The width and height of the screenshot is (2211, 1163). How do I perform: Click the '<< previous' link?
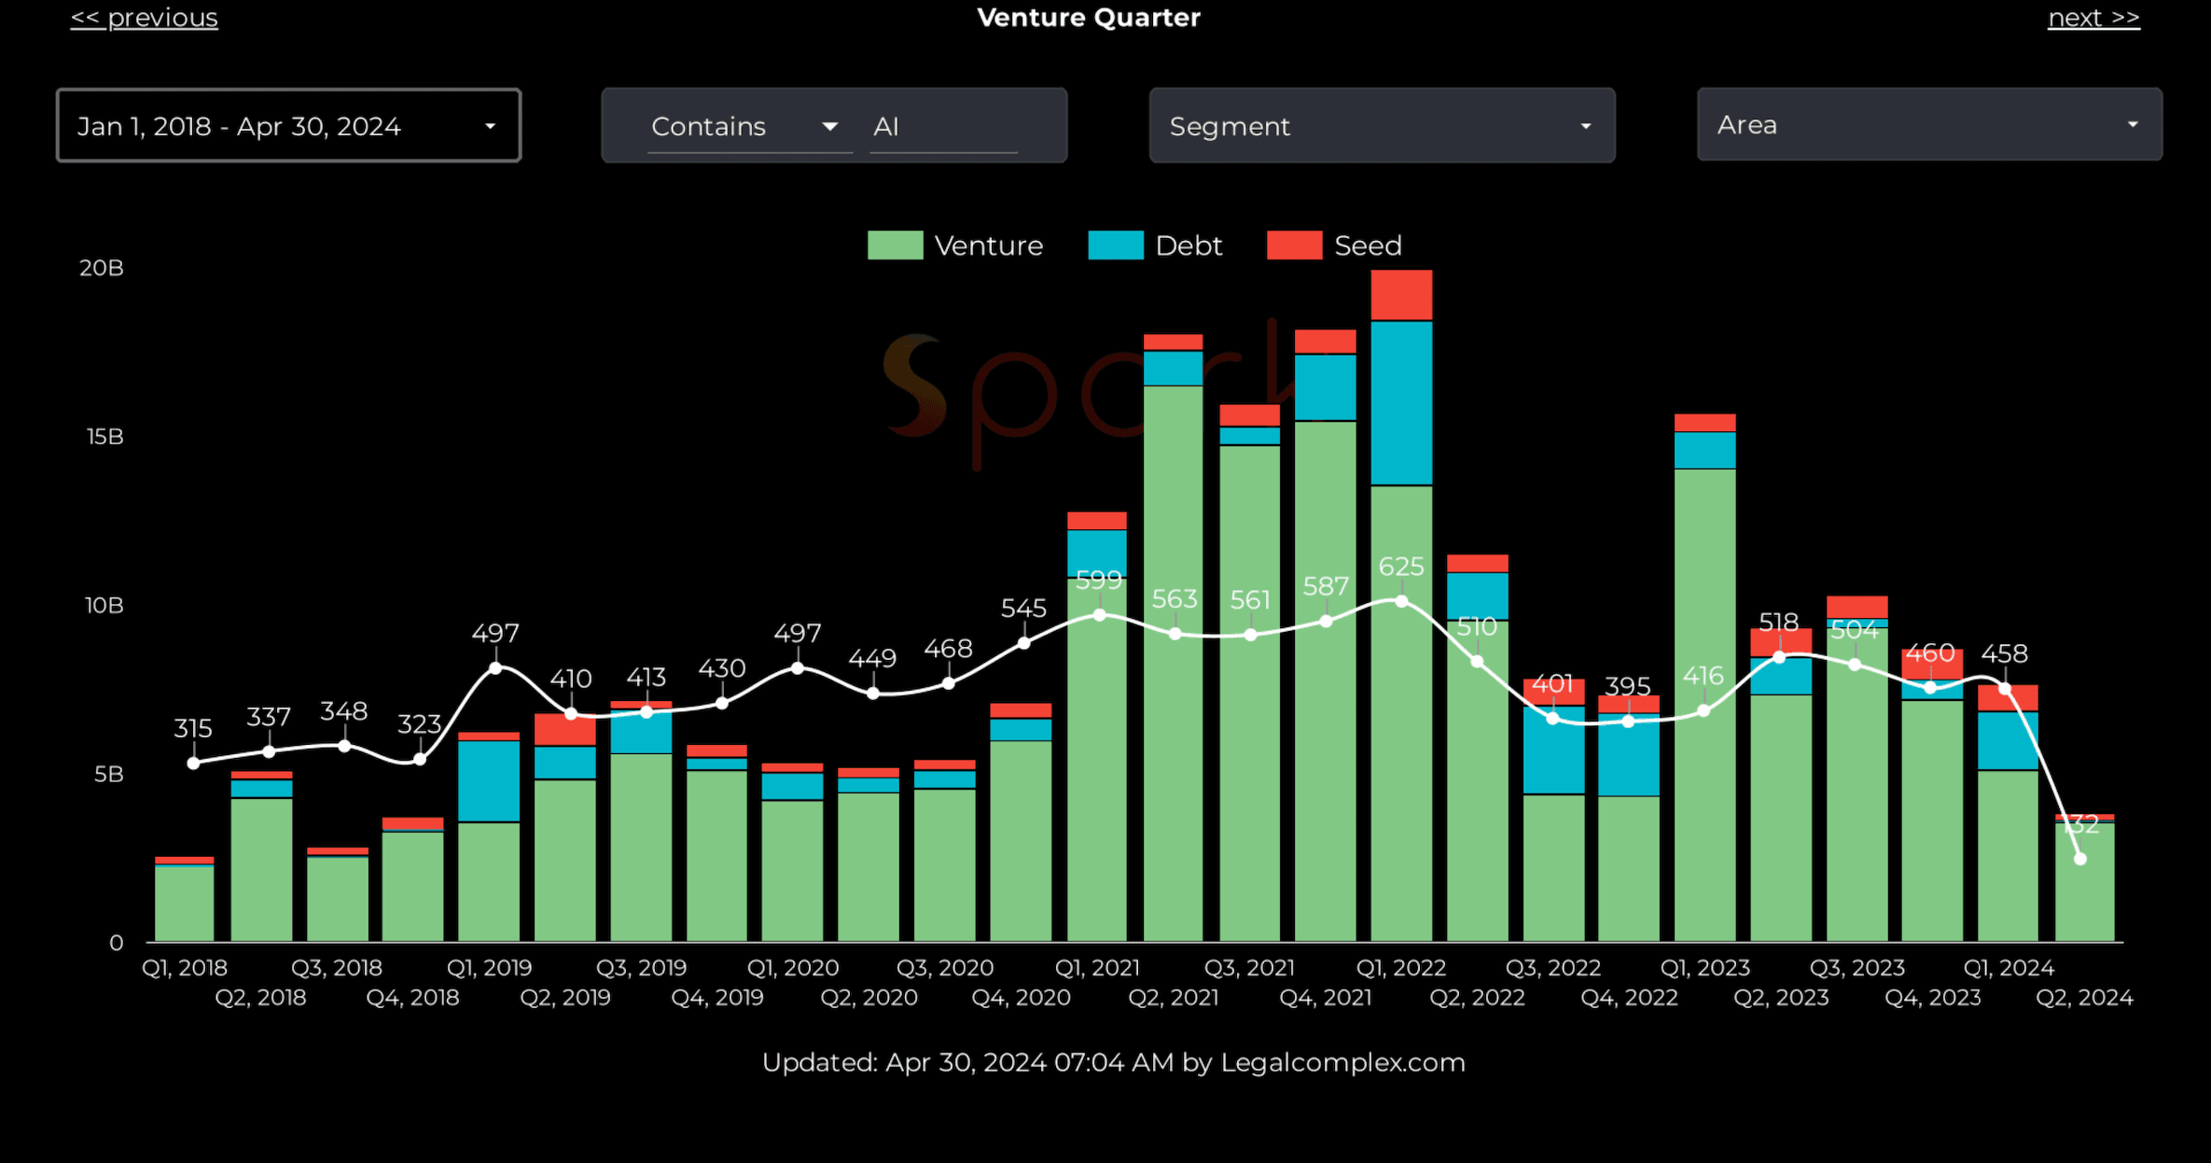click(x=145, y=19)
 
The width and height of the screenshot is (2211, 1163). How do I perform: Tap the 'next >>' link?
click(x=2093, y=19)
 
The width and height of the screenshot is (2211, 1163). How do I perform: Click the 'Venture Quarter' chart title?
click(x=1089, y=18)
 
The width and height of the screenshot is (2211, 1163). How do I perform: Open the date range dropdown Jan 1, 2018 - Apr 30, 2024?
click(x=288, y=126)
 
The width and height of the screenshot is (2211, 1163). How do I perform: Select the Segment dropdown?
click(x=1382, y=126)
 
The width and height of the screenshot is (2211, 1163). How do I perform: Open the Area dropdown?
click(x=1928, y=125)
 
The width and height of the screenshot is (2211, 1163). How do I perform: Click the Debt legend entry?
click(x=1156, y=245)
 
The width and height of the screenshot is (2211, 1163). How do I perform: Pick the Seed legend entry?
click(x=1335, y=245)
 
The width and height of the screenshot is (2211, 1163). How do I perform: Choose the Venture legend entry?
click(x=956, y=245)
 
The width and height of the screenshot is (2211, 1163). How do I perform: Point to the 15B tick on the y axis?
click(x=104, y=437)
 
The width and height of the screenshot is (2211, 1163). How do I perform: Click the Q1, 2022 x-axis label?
click(x=1400, y=968)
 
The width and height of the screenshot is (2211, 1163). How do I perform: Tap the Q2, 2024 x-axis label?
click(x=2084, y=998)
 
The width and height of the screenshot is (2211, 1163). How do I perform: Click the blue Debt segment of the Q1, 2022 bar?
click(x=1401, y=402)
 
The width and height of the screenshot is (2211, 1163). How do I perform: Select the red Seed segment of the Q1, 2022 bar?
click(x=1401, y=295)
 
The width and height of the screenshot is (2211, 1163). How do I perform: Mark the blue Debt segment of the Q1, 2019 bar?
click(x=489, y=780)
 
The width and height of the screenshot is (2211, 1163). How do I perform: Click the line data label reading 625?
click(x=1401, y=567)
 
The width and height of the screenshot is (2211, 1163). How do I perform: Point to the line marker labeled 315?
click(x=193, y=763)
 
